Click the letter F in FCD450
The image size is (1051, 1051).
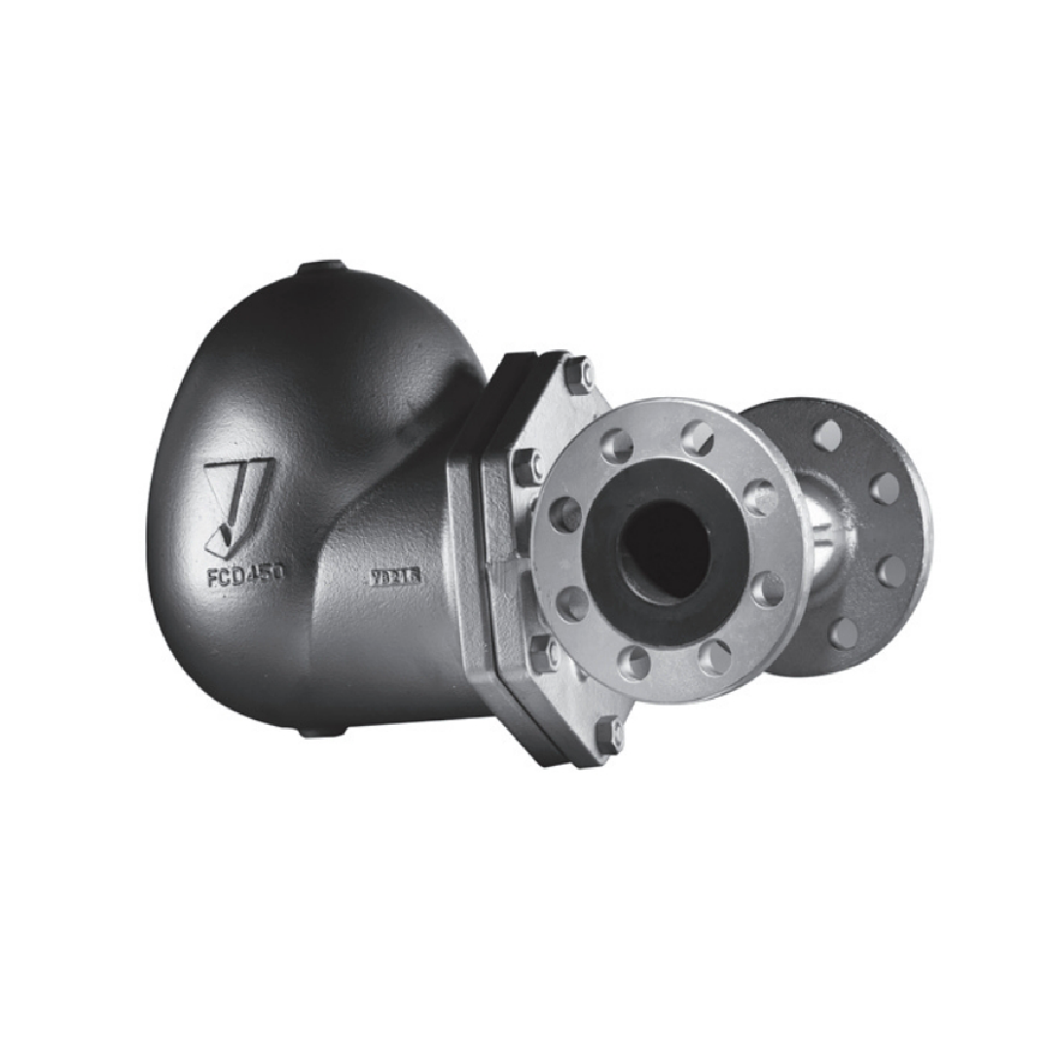[x=212, y=575]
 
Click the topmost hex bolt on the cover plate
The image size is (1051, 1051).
[x=578, y=372]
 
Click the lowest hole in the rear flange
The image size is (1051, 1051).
[x=843, y=634]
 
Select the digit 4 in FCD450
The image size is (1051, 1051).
[x=249, y=574]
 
